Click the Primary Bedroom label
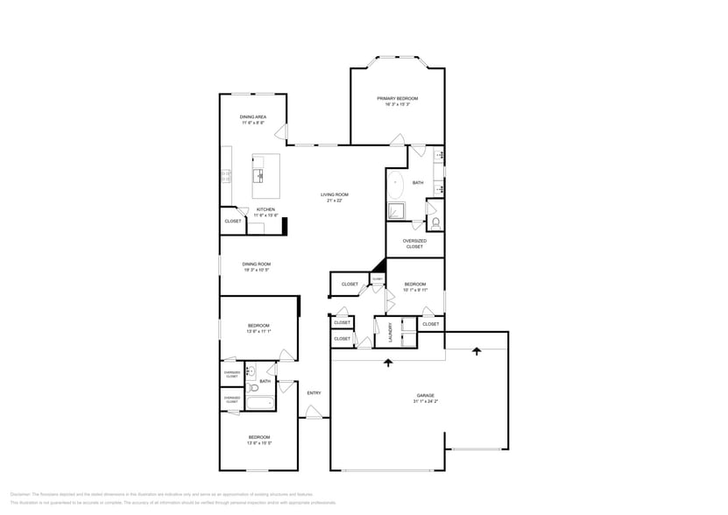point(397,98)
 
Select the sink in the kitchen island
point(260,176)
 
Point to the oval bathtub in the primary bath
point(396,185)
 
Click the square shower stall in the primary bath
point(396,210)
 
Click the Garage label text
point(425,395)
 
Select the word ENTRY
point(314,392)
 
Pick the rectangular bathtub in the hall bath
point(260,403)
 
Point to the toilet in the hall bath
point(252,385)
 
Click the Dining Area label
point(253,116)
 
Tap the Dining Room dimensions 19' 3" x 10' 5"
point(257,270)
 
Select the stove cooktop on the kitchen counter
point(225,176)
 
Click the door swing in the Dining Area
point(281,132)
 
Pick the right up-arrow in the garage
point(477,351)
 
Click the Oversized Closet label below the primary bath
point(414,243)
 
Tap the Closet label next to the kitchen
point(233,222)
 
